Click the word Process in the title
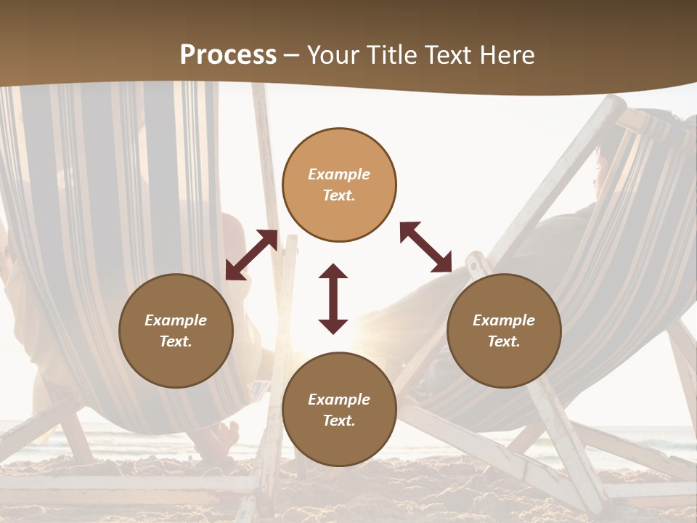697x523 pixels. point(228,55)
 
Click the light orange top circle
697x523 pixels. point(339,185)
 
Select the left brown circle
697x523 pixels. point(176,331)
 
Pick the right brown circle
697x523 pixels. point(504,331)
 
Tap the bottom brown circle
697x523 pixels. point(339,409)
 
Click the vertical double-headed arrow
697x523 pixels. point(333,299)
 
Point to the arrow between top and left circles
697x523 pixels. point(251,254)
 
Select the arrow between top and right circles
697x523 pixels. point(425,247)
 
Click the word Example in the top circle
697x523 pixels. point(339,174)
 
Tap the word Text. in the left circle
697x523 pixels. point(176,341)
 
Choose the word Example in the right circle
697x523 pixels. point(504,320)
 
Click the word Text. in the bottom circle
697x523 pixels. point(339,421)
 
